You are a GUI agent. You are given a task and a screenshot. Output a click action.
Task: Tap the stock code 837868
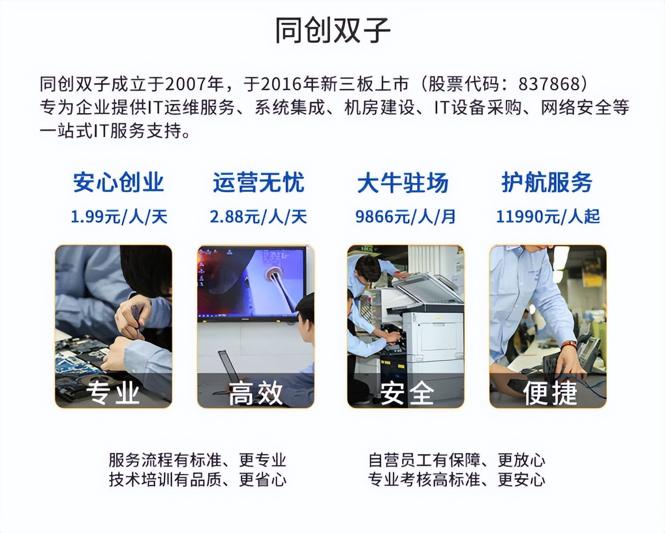pyautogui.click(x=549, y=84)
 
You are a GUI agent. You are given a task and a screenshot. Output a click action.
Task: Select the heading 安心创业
pyautogui.click(x=118, y=182)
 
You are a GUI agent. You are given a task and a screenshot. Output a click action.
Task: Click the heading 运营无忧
pyautogui.click(x=258, y=182)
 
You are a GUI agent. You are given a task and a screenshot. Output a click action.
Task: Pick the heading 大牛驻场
pyautogui.click(x=402, y=183)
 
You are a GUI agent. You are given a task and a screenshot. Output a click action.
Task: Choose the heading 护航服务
pyautogui.click(x=546, y=182)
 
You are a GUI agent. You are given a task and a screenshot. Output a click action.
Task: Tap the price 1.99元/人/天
pyautogui.click(x=119, y=216)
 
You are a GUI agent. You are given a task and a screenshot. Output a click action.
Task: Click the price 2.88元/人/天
pyautogui.click(x=258, y=216)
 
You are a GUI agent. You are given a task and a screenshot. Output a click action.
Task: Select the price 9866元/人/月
pyautogui.click(x=405, y=216)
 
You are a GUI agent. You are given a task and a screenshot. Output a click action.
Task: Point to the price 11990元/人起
pyautogui.click(x=548, y=216)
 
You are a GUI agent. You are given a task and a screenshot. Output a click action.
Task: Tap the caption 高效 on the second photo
pyautogui.click(x=256, y=393)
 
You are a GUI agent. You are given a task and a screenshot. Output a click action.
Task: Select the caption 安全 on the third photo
pyautogui.click(x=406, y=393)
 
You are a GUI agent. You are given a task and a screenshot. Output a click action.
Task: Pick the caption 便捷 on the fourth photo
pyautogui.click(x=549, y=393)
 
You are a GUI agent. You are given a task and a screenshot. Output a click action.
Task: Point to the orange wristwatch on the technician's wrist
pyautogui.click(x=569, y=344)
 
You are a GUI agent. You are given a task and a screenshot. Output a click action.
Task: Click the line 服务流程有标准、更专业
pyautogui.click(x=198, y=460)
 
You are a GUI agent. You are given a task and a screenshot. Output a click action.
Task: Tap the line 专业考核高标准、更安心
pyautogui.click(x=457, y=480)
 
